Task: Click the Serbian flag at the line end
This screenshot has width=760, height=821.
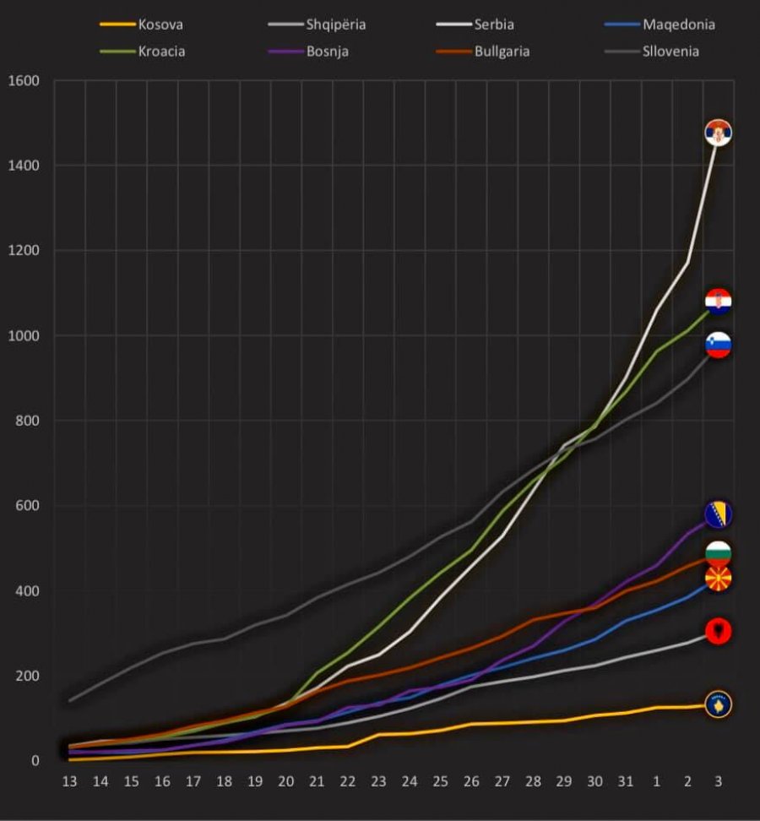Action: click(718, 133)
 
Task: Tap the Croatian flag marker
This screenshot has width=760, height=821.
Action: click(718, 302)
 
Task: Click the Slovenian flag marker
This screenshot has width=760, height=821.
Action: click(718, 345)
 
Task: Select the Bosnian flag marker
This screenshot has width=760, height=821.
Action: click(718, 514)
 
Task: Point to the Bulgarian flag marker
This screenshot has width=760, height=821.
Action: click(718, 554)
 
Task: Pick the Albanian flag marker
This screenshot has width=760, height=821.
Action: click(718, 631)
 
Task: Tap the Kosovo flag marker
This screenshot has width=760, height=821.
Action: click(718, 704)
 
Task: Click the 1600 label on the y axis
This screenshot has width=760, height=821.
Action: click(23, 81)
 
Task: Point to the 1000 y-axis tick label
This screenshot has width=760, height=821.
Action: click(23, 336)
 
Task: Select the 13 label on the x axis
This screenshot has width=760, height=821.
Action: click(69, 782)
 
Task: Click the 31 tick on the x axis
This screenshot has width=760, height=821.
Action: click(625, 782)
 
